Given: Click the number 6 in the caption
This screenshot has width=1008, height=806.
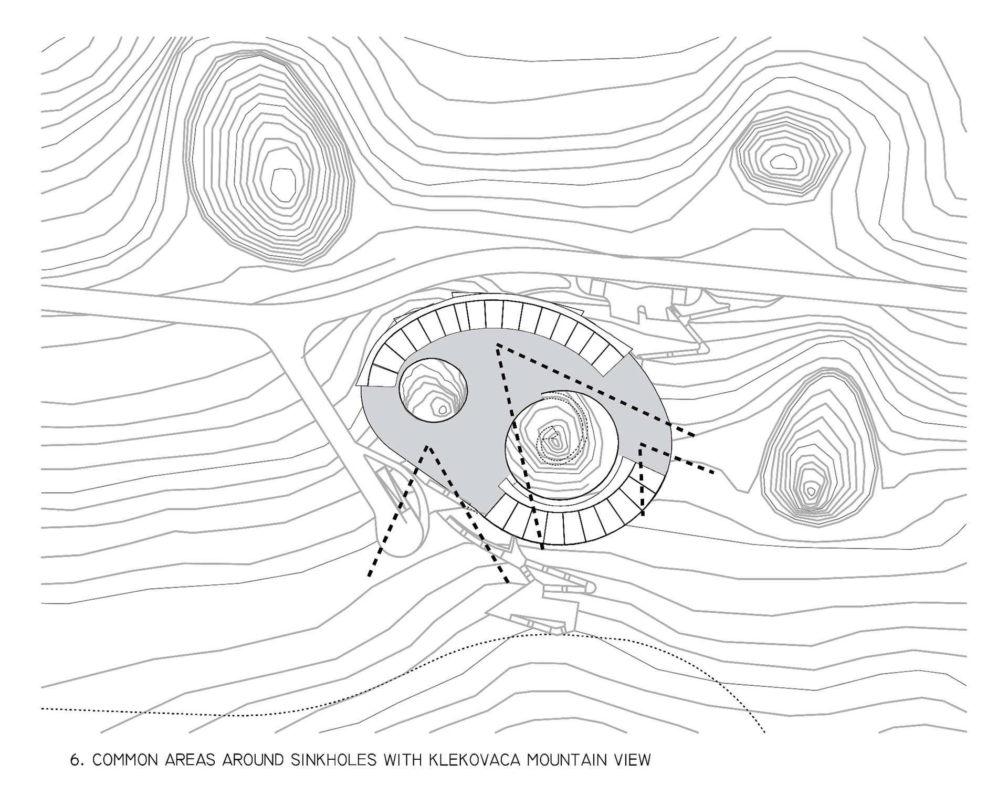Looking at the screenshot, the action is tap(74, 760).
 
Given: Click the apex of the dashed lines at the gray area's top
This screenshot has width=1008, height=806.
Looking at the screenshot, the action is tap(497, 345).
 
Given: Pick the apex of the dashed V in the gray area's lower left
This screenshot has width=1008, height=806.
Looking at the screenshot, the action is tap(428, 447).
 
